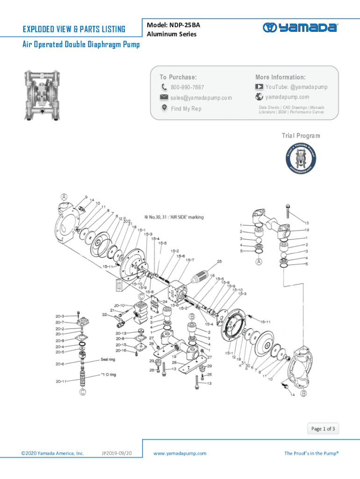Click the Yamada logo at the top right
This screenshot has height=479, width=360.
point(300,28)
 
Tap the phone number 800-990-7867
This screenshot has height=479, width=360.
point(187,87)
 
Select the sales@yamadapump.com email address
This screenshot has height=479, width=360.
point(201,98)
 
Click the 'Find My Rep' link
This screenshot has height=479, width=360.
point(186,109)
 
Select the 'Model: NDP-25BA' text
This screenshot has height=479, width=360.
point(170,25)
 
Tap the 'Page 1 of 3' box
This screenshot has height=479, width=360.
point(323,428)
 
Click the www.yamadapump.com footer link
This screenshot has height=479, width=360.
point(180,453)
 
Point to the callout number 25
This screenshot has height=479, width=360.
point(219,261)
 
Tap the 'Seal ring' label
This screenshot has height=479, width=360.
point(108,360)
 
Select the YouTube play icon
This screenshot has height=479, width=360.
point(259,87)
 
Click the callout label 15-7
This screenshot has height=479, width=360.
point(190,260)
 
